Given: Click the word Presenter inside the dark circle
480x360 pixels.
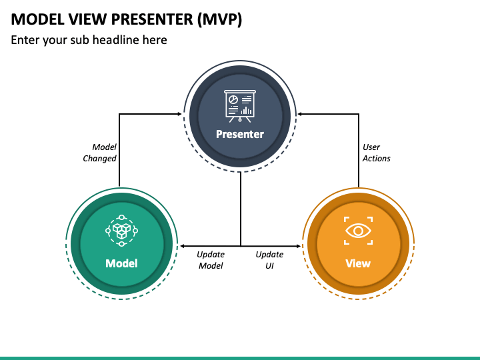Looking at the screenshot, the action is click(x=240, y=134).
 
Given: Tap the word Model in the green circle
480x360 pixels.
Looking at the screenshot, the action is click(x=121, y=263).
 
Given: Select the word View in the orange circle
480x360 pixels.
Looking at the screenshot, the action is click(x=358, y=263).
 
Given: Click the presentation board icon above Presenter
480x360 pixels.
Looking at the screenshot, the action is click(x=240, y=106).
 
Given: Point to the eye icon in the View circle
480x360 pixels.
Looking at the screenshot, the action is click(x=358, y=231).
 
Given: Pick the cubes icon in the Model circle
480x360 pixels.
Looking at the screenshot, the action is click(x=121, y=231).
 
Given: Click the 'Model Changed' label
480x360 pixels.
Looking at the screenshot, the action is click(x=100, y=153).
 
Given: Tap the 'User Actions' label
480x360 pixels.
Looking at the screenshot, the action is click(x=376, y=153).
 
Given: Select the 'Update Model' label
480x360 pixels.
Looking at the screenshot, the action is click(x=211, y=260).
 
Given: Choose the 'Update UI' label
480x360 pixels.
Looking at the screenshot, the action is click(x=269, y=260).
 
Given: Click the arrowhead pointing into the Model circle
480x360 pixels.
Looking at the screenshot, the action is click(x=182, y=246).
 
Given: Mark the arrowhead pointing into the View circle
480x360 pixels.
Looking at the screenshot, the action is click(x=299, y=246).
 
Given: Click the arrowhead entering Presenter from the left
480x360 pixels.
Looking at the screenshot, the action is click(x=180, y=114).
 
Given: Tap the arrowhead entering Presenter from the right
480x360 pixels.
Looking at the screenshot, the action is click(x=300, y=114).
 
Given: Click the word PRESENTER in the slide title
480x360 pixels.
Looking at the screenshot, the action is click(x=152, y=19).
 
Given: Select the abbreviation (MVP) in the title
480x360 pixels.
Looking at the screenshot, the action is click(x=219, y=19).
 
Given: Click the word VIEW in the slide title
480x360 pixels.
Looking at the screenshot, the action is click(x=88, y=19).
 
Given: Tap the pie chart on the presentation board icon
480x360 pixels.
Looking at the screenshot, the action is click(x=233, y=100).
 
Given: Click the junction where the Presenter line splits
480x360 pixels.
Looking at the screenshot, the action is click(x=241, y=246).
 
